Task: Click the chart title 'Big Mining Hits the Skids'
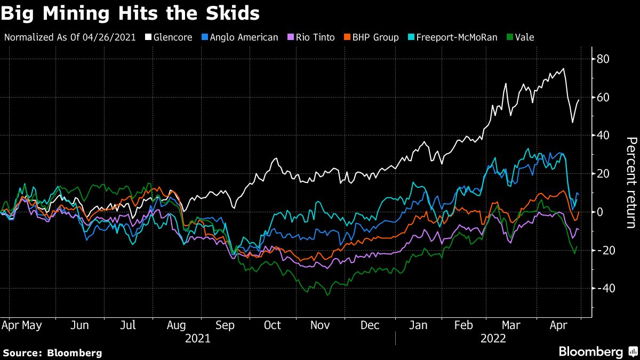click(130, 13)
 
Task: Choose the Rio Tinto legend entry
click(312, 37)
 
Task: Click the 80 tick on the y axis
click(603, 59)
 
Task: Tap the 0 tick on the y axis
click(600, 212)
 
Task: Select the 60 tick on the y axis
click(603, 97)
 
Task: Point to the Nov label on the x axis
click(321, 325)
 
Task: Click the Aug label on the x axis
click(177, 325)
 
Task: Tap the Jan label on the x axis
click(418, 325)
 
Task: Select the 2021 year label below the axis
click(197, 338)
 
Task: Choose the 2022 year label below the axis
click(493, 338)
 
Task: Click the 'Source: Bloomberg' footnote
click(52, 353)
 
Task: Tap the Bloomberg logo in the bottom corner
click(597, 351)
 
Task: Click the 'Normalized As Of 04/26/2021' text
click(70, 37)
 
